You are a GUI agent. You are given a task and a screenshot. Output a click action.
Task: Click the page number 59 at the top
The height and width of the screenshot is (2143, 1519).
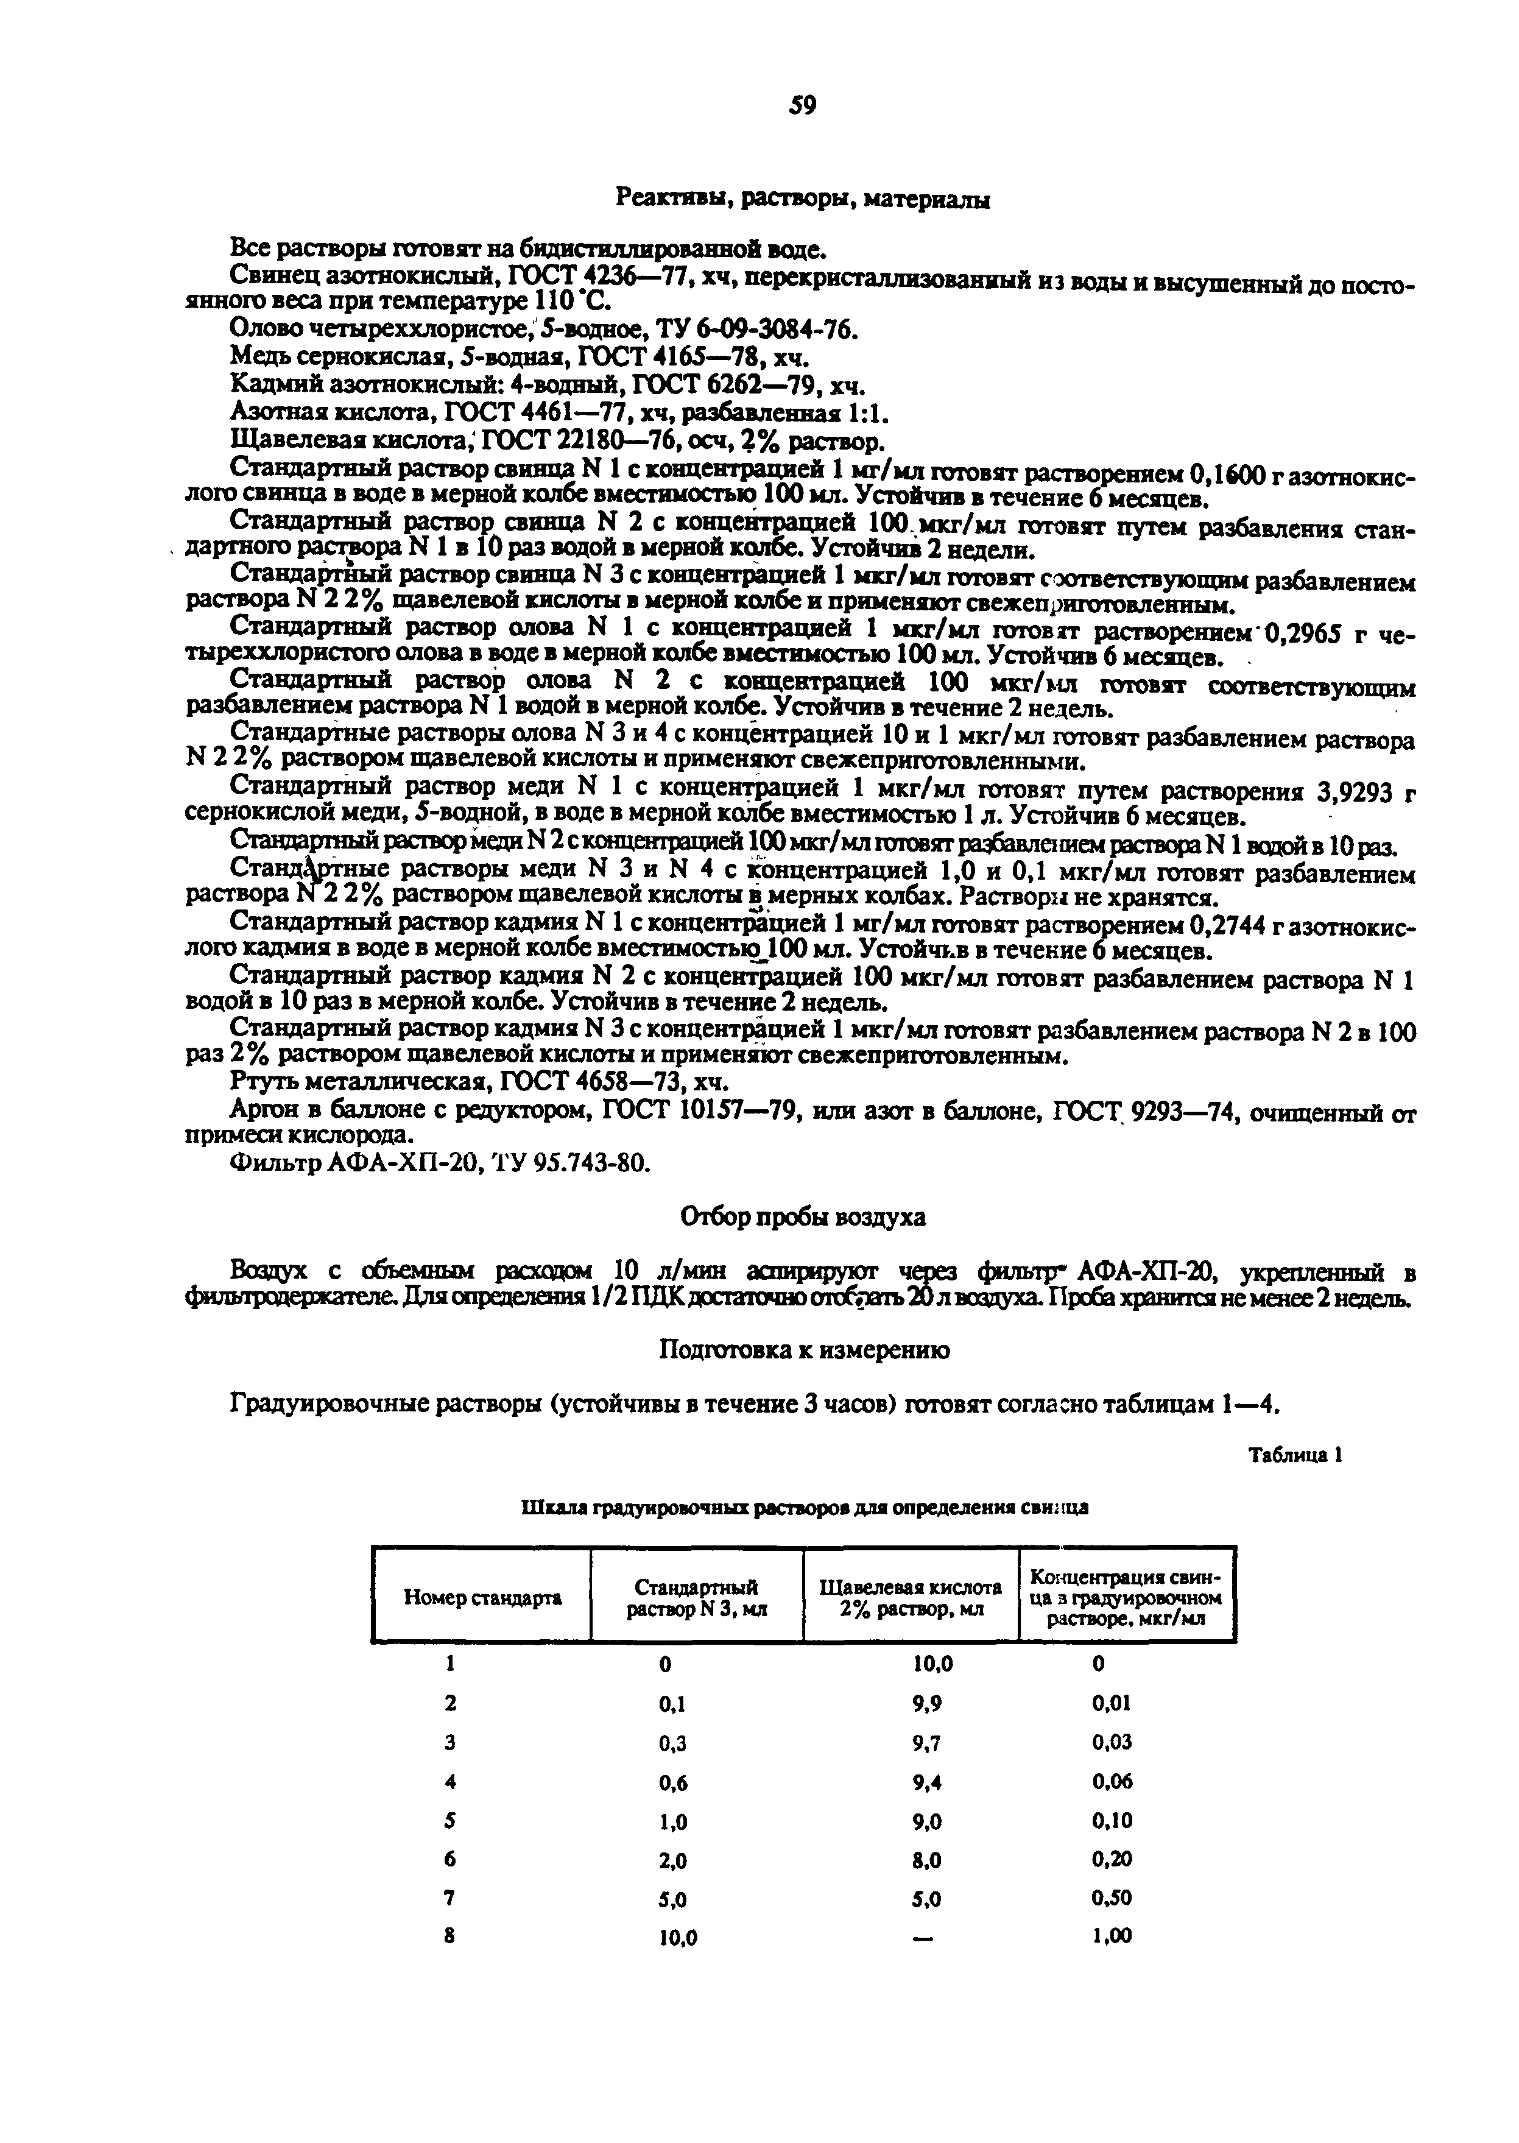click(x=803, y=106)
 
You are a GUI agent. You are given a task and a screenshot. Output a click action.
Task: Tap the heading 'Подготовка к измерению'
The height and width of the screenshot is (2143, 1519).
click(x=803, y=1350)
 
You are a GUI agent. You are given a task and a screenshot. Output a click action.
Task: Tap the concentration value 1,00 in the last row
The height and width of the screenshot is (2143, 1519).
click(x=1112, y=1936)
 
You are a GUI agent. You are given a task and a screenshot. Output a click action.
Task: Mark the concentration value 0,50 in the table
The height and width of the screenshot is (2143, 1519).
click(x=1112, y=1898)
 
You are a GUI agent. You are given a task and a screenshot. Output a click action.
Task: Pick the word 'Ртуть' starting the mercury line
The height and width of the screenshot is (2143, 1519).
click(x=261, y=1082)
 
